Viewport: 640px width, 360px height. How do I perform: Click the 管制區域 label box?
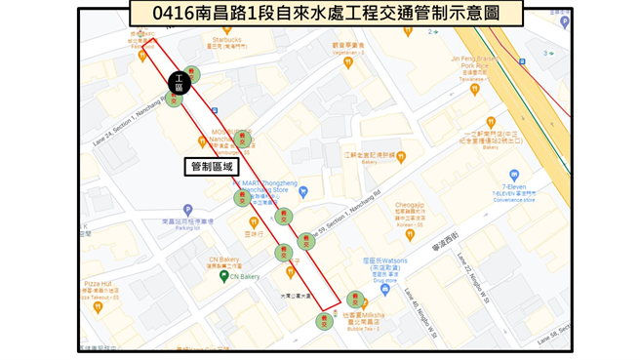point(212,167)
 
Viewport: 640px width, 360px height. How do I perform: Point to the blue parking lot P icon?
point(187,210)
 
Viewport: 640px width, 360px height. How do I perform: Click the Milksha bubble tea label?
point(367,318)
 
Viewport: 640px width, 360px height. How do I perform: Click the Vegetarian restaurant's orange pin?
point(349,62)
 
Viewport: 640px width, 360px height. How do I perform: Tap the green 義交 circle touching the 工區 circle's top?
point(192,72)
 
